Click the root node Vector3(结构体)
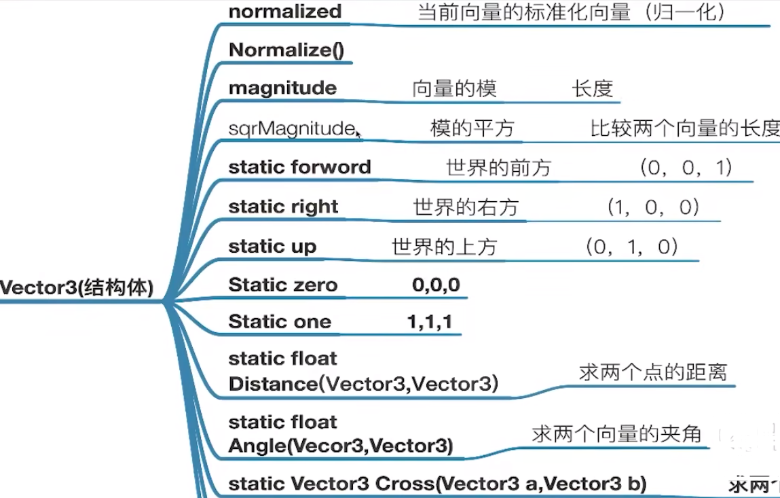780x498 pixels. (77, 287)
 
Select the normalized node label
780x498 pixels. (285, 12)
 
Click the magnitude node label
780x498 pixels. (282, 88)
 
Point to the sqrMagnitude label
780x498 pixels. (291, 128)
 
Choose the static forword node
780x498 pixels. (299, 166)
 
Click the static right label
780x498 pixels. (283, 206)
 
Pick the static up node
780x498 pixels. (272, 245)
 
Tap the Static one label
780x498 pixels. (280, 321)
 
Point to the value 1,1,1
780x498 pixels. (430, 321)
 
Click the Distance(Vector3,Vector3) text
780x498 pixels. (363, 384)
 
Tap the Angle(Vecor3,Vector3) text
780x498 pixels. (340, 446)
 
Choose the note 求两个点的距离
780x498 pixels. (652, 372)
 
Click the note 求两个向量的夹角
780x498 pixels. (616, 433)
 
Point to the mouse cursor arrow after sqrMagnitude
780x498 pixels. (358, 134)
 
